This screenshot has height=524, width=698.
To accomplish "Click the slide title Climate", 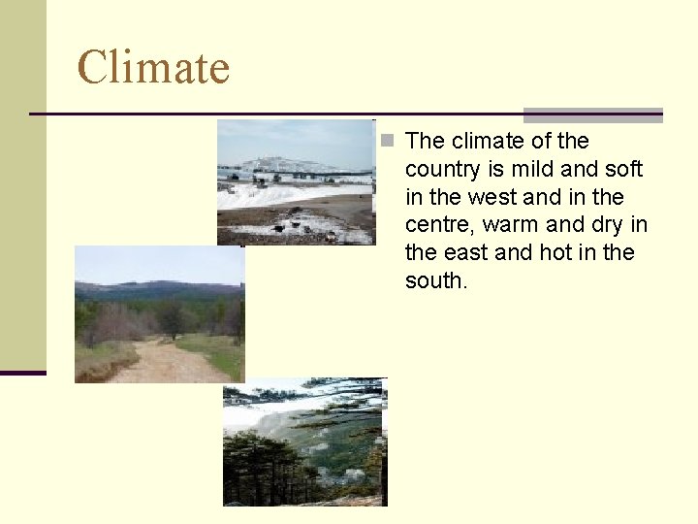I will (x=153, y=68).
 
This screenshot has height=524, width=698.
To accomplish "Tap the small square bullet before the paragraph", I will (x=388, y=142).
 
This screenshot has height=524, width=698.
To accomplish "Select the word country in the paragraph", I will (x=443, y=170).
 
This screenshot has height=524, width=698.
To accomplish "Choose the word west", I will (x=492, y=198).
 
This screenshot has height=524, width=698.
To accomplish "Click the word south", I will (x=436, y=281).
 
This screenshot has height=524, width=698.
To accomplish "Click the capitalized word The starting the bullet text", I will (x=424, y=142).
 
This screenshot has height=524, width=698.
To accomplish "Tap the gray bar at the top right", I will (x=593, y=115).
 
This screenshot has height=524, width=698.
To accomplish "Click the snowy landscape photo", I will (x=295, y=182).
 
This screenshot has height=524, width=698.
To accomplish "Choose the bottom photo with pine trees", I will (x=304, y=442).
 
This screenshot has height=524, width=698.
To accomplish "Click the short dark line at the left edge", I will (x=23, y=373).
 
